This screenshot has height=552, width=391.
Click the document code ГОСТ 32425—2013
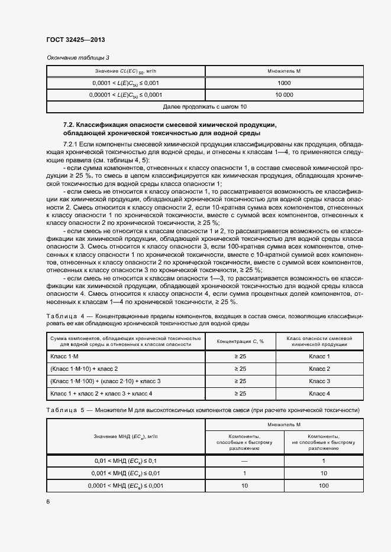76,40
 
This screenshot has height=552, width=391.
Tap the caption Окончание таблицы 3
78,57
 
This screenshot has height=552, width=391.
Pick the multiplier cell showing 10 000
283,94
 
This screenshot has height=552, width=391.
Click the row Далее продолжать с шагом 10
205,106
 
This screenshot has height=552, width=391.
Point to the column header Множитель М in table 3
283,71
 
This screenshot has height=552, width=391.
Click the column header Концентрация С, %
240,341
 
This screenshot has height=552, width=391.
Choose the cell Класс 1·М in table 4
65,357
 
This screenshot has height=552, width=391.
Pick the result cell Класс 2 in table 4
319,369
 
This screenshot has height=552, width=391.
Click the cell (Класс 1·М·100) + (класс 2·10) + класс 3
106,381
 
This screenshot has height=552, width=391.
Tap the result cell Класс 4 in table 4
319,393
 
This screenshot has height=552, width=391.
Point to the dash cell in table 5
244,460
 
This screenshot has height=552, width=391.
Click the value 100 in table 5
324,485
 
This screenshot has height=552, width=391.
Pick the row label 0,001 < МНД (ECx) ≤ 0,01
125,473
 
